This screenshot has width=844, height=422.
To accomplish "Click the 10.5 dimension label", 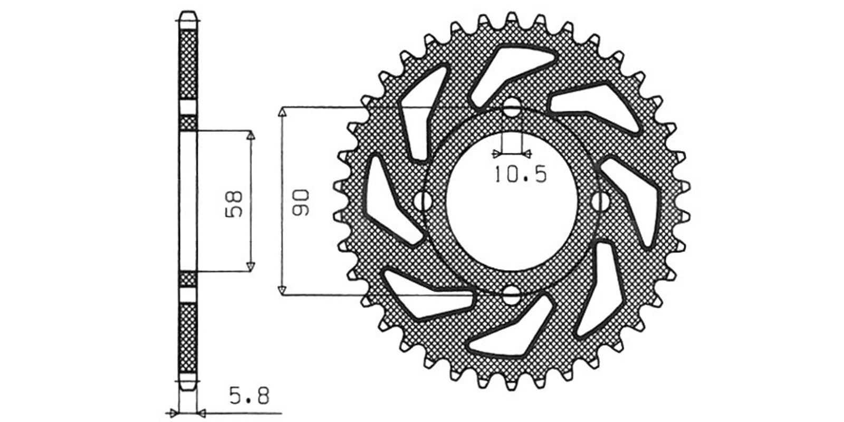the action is pos(520,175).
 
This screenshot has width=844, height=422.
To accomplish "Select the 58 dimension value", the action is pos(234,204).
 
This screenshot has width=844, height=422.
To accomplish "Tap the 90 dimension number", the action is pos(301,203).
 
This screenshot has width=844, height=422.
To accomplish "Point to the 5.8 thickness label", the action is pos(250,396).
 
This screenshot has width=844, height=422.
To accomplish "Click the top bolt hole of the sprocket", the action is pos(511,107).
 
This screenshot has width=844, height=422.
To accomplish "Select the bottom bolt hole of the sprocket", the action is pos(511,295).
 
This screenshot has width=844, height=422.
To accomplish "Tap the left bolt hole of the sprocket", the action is pos(423,202).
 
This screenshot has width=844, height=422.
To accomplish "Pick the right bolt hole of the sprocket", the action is pos(600,202).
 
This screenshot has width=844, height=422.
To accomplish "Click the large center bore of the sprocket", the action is pos(511,202).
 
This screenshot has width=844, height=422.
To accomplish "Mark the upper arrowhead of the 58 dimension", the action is pos(251,135).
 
